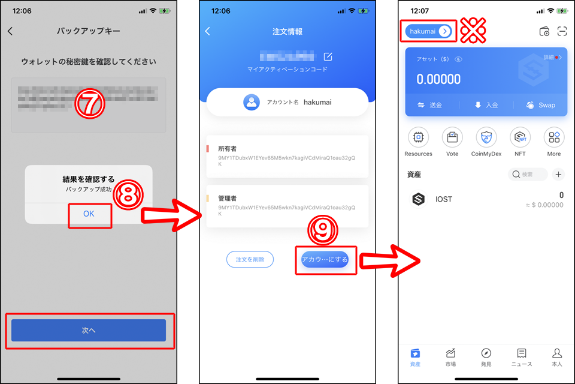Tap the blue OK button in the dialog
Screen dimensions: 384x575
[x=89, y=214]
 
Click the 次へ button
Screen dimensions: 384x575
[x=89, y=331]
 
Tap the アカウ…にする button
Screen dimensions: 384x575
[x=325, y=259]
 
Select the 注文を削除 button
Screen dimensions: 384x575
[x=250, y=259]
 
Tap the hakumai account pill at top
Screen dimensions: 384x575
[x=428, y=31]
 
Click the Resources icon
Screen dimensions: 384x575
[x=418, y=137]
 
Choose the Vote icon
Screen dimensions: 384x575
[x=452, y=137]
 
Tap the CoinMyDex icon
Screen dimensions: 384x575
[x=486, y=137]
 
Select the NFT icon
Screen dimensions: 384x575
[x=520, y=137]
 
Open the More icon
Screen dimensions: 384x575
[x=554, y=137]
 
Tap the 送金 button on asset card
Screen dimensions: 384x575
[x=429, y=105]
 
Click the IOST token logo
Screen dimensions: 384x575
[x=418, y=199]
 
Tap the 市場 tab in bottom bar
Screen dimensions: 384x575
[x=450, y=356]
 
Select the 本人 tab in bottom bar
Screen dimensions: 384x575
[x=557, y=356]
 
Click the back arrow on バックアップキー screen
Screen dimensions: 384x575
[x=10, y=31]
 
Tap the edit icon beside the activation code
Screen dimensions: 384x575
[x=328, y=56]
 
